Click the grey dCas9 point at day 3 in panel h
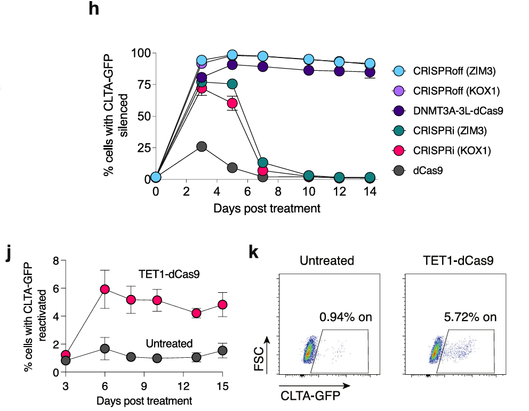202,146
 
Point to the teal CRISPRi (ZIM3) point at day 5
232,84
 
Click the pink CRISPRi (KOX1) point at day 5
232,103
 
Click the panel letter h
94,10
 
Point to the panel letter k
255,253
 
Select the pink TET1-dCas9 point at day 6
105,289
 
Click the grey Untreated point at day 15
222,350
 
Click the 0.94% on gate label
346,318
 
